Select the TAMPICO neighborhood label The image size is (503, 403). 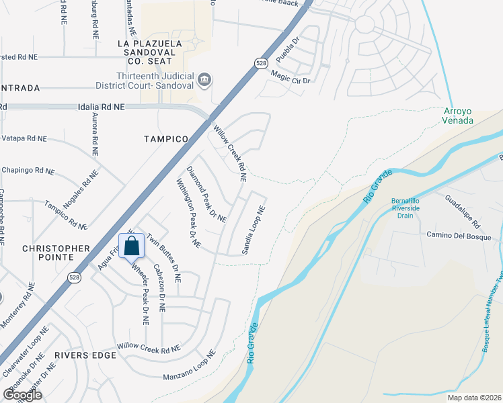tap(165, 138)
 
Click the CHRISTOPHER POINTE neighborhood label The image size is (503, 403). tap(56, 254)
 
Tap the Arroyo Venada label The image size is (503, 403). tap(459, 116)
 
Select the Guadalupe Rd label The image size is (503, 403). tap(461, 210)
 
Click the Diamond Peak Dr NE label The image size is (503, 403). tap(206, 194)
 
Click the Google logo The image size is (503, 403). tap(22, 395)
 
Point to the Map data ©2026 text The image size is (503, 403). tap(474, 398)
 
